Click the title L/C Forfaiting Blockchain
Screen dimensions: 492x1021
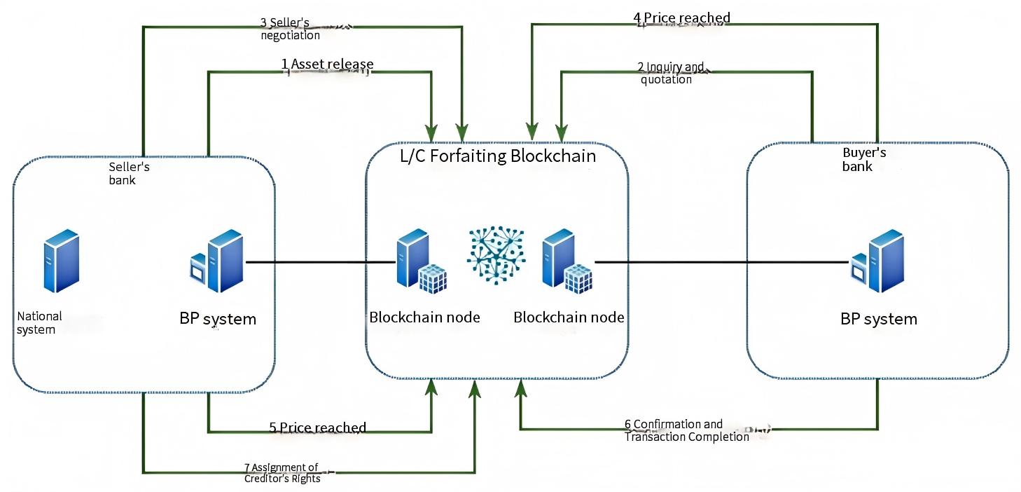(x=497, y=156)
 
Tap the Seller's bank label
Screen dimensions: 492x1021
(x=129, y=173)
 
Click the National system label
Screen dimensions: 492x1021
(x=39, y=323)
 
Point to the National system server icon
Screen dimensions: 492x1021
(x=61, y=259)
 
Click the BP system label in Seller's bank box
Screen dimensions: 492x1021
(x=218, y=319)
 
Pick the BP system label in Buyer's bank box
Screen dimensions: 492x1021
(x=878, y=319)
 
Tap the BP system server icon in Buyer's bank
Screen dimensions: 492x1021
(x=878, y=261)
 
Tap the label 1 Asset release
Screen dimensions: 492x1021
(x=327, y=64)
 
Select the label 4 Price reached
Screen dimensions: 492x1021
(x=681, y=18)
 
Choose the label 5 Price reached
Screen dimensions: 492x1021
(x=317, y=428)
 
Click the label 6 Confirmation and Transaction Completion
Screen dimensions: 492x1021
(x=686, y=430)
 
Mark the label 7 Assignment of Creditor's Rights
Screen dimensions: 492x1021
(x=282, y=473)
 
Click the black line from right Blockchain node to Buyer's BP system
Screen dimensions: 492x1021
(x=721, y=262)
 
